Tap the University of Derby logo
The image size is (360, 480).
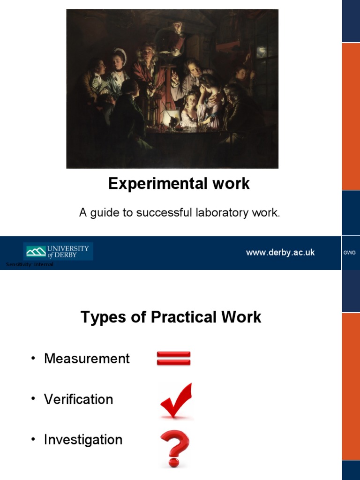58,251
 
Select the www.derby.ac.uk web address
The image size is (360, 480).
280,253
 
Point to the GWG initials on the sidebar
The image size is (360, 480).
350,253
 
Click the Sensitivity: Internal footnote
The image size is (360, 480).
30,265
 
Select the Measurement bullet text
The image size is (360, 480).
87,359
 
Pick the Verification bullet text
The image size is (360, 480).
78,399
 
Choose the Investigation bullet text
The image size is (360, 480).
83,440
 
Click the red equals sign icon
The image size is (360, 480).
173,359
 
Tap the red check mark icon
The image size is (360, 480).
176,401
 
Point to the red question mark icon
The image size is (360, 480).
174,448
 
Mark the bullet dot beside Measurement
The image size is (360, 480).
33,359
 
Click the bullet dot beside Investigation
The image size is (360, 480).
33,440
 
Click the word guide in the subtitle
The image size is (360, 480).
104,213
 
